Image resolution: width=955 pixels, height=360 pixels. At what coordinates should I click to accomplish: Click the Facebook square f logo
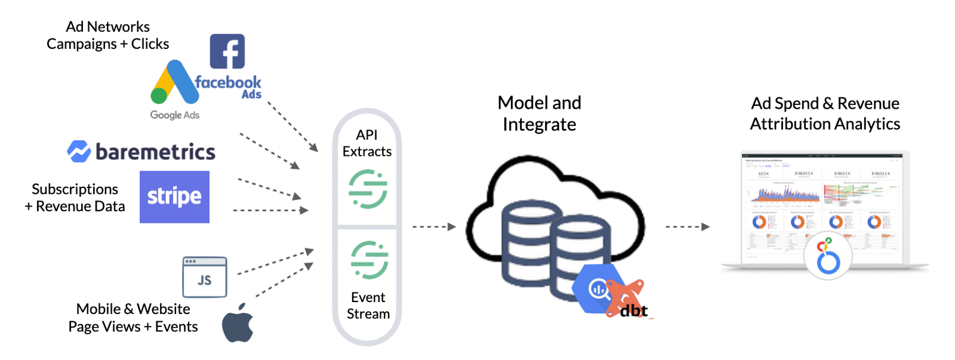[227, 51]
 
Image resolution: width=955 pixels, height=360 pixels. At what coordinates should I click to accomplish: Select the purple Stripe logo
[174, 197]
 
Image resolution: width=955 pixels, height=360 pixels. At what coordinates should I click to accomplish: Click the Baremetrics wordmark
[155, 152]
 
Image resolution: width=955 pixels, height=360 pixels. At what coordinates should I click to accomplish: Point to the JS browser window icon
[205, 277]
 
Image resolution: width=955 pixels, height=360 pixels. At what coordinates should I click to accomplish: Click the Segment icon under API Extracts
[368, 189]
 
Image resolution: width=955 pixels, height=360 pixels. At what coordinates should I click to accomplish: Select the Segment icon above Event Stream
[369, 260]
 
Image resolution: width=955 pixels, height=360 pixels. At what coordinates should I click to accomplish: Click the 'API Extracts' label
[367, 143]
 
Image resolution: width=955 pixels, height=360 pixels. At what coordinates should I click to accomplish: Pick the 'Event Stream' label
[368, 306]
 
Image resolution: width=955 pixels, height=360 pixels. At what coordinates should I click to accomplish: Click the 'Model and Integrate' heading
[540, 113]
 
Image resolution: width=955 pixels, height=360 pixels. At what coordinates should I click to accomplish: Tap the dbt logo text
[633, 310]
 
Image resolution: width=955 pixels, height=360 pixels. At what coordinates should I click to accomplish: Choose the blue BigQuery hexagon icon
[597, 289]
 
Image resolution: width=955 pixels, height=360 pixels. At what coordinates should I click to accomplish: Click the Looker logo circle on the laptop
[828, 256]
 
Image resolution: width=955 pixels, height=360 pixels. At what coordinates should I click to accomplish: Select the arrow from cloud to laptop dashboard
[688, 227]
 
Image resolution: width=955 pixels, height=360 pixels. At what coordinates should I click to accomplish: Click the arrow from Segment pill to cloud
[434, 227]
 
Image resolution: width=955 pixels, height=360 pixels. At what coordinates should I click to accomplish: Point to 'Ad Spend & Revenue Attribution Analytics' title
[825, 113]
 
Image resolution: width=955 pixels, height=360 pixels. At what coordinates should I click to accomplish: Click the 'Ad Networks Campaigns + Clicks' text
[108, 35]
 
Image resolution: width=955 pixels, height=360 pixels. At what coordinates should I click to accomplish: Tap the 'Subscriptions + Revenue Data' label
[75, 198]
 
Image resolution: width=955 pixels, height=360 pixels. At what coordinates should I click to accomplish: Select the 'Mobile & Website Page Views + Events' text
[133, 318]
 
